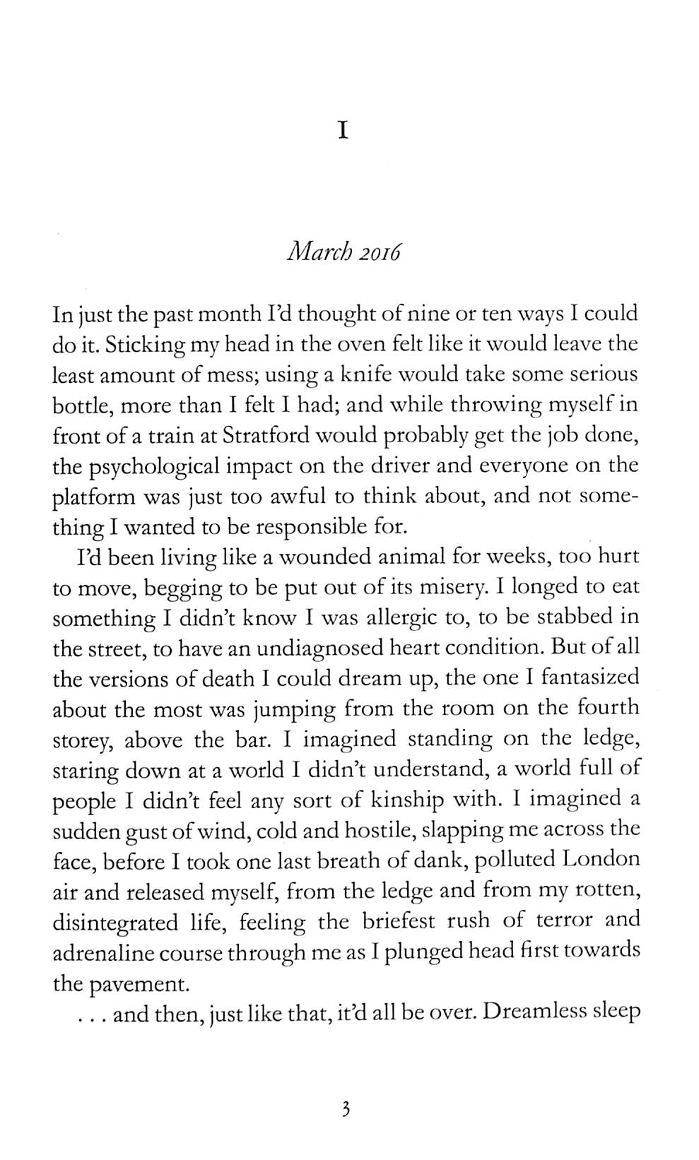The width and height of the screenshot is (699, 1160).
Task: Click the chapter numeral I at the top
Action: [x=343, y=131]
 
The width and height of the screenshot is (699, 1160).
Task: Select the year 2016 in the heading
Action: [x=378, y=252]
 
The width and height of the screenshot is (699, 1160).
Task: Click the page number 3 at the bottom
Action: [x=346, y=1110]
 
